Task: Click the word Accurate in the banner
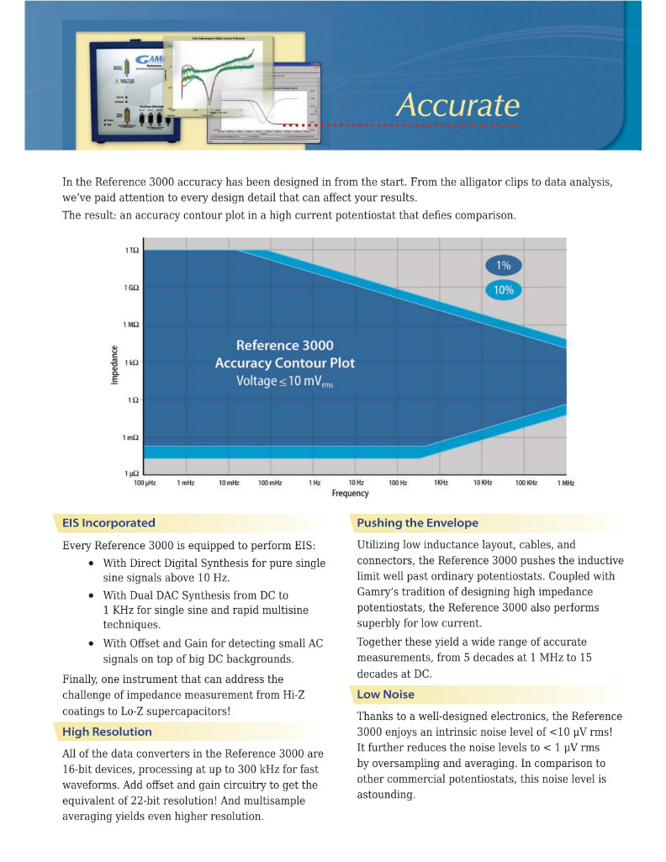pos(457,105)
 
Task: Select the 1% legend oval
pos(503,266)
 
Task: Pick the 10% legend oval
pos(503,290)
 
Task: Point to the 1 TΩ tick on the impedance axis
pos(132,251)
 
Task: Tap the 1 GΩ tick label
pos(132,288)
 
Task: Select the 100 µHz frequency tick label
pos(145,483)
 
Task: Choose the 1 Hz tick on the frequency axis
pos(314,483)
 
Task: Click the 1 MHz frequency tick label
pos(564,483)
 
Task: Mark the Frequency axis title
pos(350,494)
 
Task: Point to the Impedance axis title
pos(115,362)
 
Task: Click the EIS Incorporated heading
pos(108,523)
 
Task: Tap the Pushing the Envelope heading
pos(417,523)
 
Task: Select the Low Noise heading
pos(385,695)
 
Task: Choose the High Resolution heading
pos(107,732)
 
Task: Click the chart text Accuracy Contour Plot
pos(285,363)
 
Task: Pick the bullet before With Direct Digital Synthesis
pos(91,563)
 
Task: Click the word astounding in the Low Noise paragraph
pos(386,795)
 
